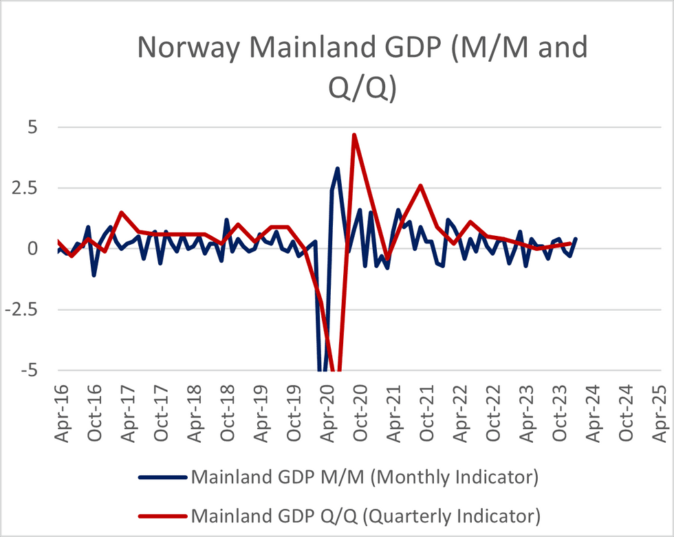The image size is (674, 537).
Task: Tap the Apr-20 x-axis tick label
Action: [327, 412]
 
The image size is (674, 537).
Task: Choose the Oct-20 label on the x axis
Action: [360, 412]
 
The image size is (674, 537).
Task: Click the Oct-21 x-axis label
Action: [426, 412]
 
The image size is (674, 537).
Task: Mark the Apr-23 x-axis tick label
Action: [526, 412]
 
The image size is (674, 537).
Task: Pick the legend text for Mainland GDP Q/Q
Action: [365, 514]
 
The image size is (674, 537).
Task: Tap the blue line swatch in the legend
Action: [162, 476]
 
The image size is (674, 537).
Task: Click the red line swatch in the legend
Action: [162, 514]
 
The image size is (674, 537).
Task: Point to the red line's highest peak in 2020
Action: [354, 135]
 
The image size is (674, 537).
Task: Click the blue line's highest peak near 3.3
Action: [338, 168]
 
